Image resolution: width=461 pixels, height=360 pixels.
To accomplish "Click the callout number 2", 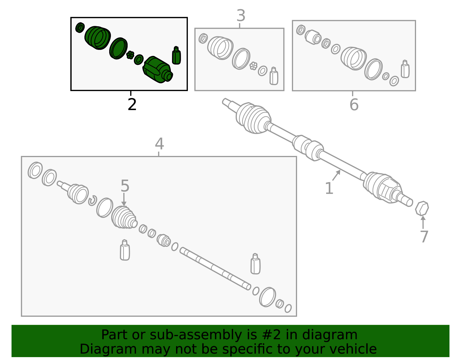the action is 132,104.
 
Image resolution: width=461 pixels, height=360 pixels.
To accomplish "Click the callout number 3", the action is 241,16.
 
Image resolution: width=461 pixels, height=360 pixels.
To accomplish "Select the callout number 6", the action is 354,105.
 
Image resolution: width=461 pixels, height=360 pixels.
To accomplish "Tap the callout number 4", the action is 159,144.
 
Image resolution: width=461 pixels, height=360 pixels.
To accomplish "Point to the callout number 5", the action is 125,186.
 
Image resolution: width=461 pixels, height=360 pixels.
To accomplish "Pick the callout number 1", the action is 329,188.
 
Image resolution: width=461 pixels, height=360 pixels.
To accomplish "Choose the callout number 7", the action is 424,237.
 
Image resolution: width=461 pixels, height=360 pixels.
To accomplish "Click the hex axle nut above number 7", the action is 422,208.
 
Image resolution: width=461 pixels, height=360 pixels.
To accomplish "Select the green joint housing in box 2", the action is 157,69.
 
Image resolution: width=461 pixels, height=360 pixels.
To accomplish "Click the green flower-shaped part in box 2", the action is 130,55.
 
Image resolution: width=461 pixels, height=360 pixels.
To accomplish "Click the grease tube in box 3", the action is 274,76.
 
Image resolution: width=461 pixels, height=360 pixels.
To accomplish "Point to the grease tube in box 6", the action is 405,69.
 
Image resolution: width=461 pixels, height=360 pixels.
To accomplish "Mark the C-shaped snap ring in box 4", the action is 93,200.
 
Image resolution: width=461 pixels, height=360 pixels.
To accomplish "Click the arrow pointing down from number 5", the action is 124,199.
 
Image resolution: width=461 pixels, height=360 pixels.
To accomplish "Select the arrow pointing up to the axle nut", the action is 423,222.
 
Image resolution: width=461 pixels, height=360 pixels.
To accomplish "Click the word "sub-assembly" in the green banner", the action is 196,335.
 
